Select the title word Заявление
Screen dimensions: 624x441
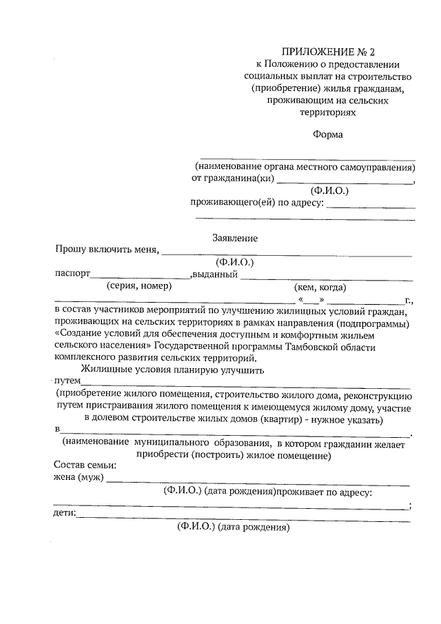click(x=235, y=238)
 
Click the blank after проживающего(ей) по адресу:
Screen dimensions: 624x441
click(x=370, y=205)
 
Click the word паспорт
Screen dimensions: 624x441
click(x=73, y=274)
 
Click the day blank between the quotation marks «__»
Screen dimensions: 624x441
click(x=311, y=301)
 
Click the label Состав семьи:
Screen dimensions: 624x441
click(x=85, y=465)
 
